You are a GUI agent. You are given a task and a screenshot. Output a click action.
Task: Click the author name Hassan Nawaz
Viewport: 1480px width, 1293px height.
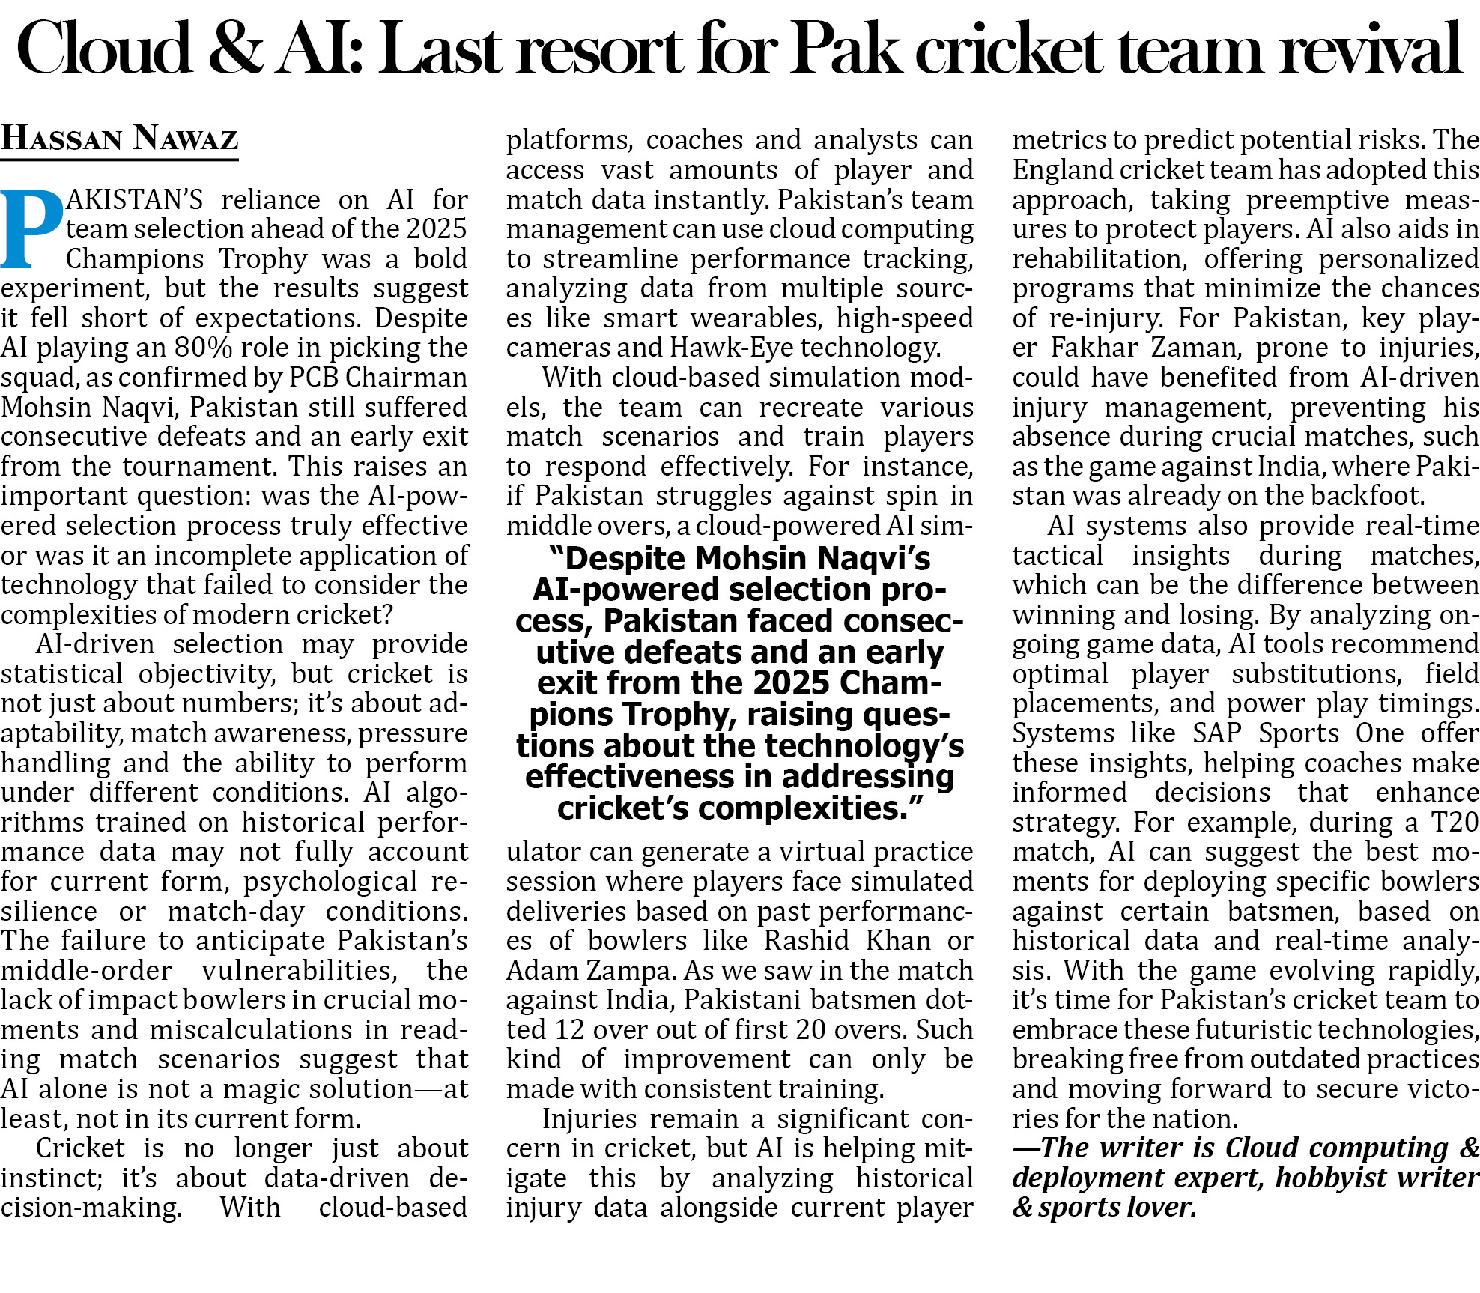pos(120,139)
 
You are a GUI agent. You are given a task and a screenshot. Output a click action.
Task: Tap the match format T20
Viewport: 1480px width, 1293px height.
pos(1454,823)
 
